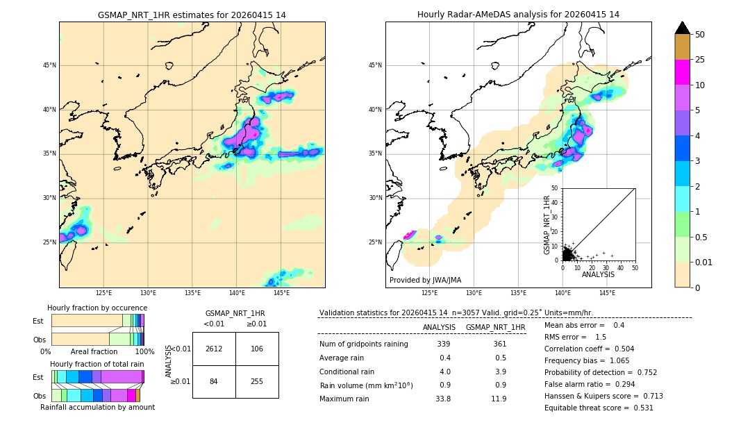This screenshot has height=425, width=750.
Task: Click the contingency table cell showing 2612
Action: tap(214, 349)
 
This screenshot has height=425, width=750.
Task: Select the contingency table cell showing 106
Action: tap(257, 349)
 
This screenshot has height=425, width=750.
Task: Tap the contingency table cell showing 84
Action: tap(214, 381)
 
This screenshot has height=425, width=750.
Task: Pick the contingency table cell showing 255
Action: tap(257, 381)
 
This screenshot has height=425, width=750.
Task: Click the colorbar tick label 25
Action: tap(700, 60)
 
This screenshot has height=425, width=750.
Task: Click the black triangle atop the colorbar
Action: tap(683, 28)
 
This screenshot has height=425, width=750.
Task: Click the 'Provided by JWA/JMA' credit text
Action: tap(425, 280)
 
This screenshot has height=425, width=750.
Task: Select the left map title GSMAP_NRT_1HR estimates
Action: tap(192, 15)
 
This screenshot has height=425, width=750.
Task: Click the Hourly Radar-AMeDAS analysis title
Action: tap(518, 15)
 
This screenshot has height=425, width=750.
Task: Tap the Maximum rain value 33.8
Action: tap(442, 399)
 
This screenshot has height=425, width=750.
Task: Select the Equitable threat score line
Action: tap(599, 408)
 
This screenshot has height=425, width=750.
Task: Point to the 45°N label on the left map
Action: tap(49, 65)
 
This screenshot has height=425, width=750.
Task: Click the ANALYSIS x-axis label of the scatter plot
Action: tap(598, 274)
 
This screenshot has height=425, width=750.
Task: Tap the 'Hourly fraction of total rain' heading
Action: tap(97, 364)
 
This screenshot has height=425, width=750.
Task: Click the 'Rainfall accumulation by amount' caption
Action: tap(97, 407)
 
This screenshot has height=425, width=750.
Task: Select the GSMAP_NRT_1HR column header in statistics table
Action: tap(495, 327)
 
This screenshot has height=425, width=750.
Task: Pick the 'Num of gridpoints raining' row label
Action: tap(363, 344)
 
